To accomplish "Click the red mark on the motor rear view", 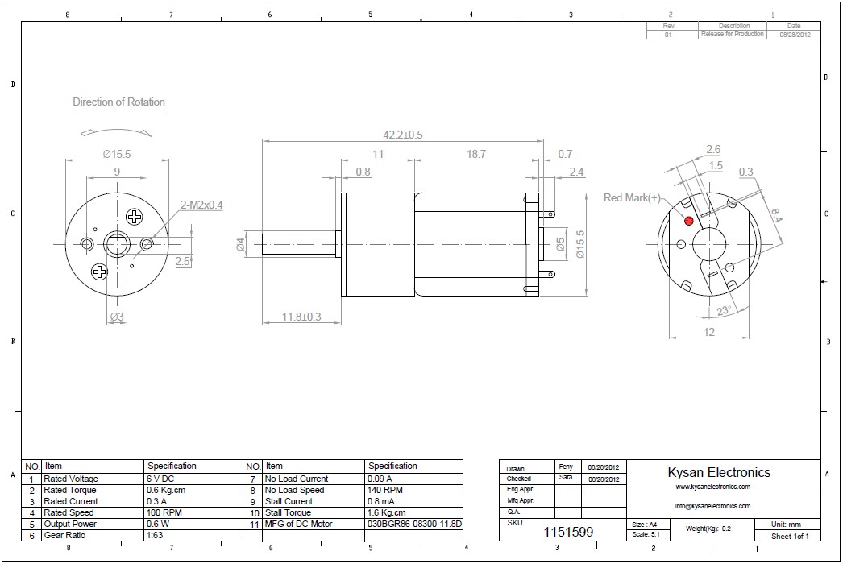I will [688, 221].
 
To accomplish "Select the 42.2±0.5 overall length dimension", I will [403, 135].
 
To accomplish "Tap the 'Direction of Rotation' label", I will [118, 102].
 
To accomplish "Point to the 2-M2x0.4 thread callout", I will [201, 205].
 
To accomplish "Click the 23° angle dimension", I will [724, 311].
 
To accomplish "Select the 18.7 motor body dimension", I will [476, 154].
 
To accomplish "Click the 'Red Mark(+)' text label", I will [633, 197].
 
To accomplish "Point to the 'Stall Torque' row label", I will [287, 512].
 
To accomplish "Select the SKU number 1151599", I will [568, 532].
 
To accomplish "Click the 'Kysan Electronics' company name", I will [719, 473].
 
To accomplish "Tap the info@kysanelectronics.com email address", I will [712, 506].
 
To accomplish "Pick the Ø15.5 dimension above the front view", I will [116, 153].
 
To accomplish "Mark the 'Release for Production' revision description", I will [732, 35].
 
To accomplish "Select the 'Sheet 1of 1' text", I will [790, 536].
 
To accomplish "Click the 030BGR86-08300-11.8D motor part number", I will [414, 524].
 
